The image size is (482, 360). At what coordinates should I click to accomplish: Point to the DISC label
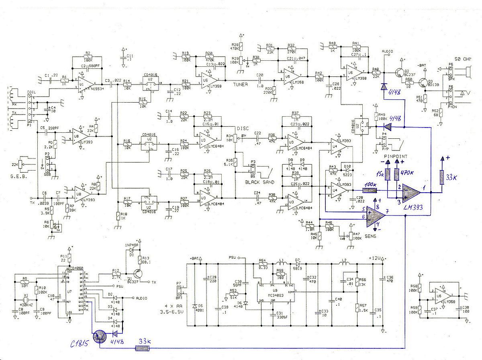coord(243,128)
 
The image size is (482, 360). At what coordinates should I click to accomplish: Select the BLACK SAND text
coord(259,182)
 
